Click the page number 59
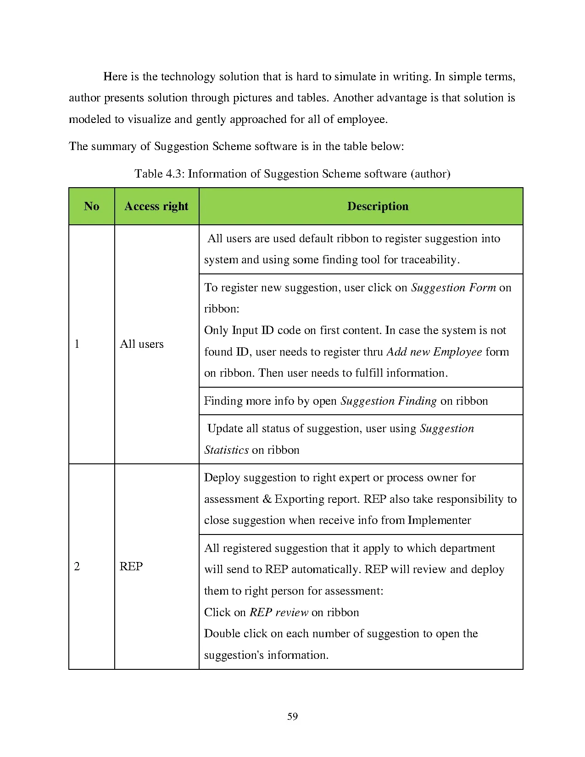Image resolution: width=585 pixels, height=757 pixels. pos(292,717)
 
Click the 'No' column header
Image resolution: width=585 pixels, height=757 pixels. pos(91,206)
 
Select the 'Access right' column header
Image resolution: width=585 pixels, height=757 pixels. pos(156,206)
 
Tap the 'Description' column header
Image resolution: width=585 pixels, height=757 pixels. pos(378,206)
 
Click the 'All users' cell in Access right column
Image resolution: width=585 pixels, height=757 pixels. pos(141,344)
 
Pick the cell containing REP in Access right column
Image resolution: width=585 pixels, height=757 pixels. pos(131,567)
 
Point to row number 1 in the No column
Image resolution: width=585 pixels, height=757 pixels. pos(77,344)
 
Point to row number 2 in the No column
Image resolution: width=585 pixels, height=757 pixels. pos(77,567)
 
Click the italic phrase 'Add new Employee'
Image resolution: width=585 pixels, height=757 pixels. pos(434,352)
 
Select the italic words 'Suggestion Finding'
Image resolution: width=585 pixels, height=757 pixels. pos(388,401)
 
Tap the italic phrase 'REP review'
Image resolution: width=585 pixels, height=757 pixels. pos(279,612)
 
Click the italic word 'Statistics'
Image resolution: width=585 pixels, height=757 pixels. pos(226,450)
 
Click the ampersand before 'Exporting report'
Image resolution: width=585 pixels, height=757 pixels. pos(267,499)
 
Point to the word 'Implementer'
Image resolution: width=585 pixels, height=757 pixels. pos(439,520)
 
